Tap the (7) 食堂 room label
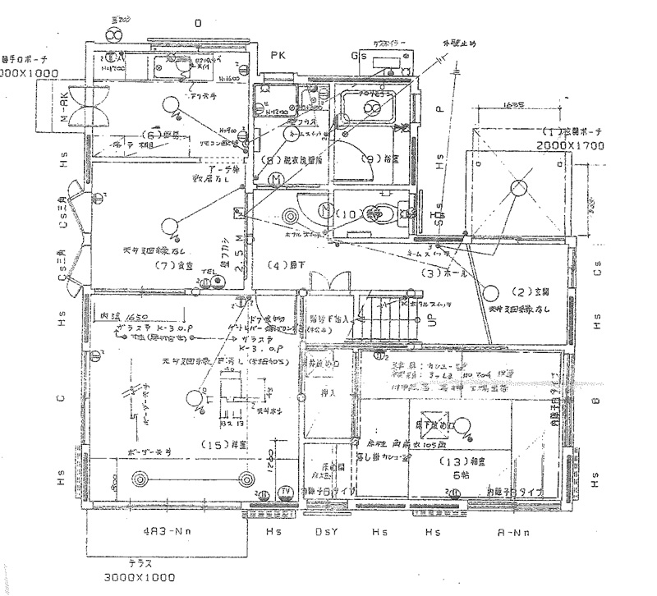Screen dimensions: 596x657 pyautogui.click(x=172, y=265)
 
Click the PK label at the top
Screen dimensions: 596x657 pyautogui.click(x=276, y=54)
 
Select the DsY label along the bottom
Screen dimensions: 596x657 pyautogui.click(x=324, y=532)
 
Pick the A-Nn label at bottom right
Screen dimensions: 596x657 pyautogui.click(x=516, y=532)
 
